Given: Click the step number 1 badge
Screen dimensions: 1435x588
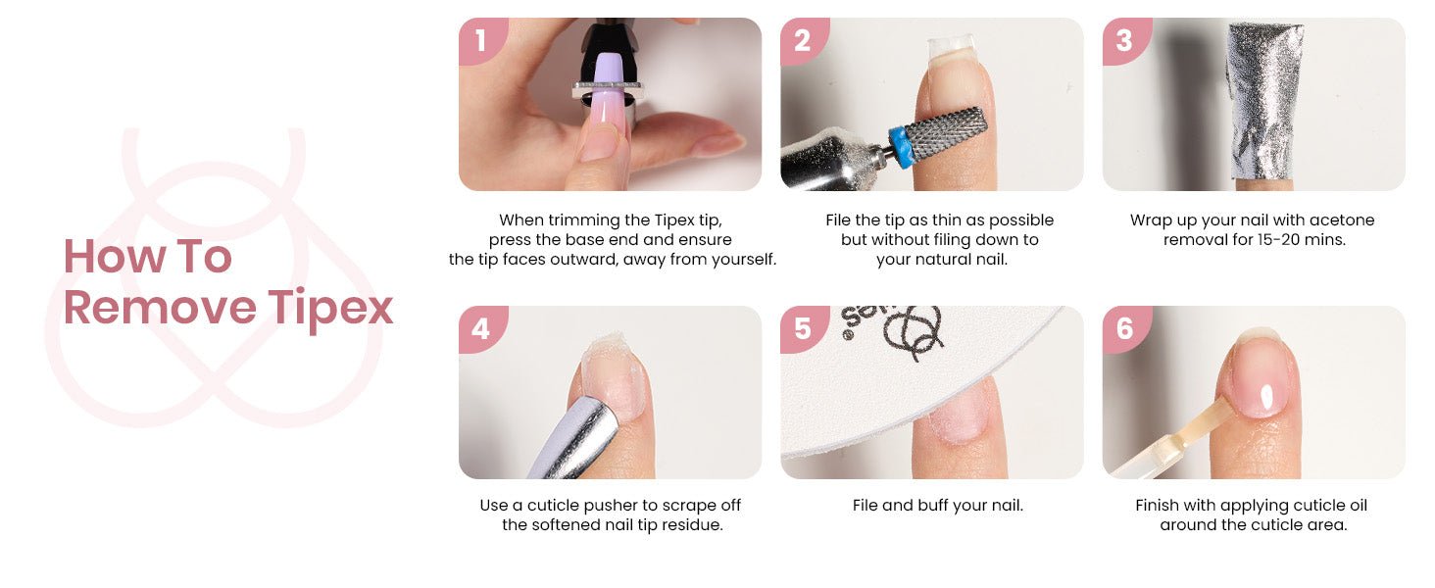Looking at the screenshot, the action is click(x=481, y=40).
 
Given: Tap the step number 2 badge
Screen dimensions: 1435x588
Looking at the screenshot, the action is click(x=803, y=40).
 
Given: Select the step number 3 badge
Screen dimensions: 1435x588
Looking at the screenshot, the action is click(x=1125, y=40).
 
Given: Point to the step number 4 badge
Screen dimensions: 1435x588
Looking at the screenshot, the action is click(x=481, y=328).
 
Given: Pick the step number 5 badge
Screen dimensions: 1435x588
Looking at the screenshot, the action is click(x=803, y=328).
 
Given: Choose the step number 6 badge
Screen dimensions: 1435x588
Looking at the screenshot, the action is click(x=1125, y=328).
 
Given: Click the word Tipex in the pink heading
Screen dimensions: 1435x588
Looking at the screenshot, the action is click(x=330, y=309).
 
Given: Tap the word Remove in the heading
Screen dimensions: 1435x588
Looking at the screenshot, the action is click(x=160, y=308).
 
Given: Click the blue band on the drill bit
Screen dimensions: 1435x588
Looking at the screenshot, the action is click(x=903, y=147).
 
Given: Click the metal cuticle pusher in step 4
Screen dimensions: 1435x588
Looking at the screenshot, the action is click(x=572, y=439).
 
